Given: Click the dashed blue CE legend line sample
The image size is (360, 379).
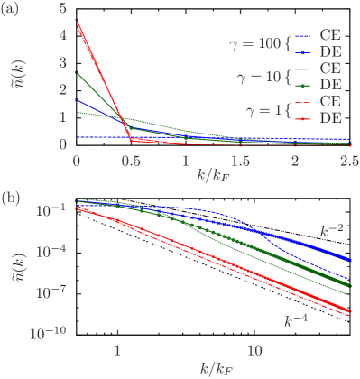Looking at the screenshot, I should [302, 34].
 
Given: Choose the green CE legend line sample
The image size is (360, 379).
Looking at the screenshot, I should [302, 68].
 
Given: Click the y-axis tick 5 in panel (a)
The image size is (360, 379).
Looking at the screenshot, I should [62, 8].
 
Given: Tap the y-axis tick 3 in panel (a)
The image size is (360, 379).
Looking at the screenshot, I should [62, 62].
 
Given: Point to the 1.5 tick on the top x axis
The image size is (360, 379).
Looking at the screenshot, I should [240, 159].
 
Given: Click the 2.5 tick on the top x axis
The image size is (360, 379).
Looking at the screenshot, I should [347, 159].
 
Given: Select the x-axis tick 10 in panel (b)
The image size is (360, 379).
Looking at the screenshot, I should [255, 349].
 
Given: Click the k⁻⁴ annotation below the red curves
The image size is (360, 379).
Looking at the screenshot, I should [294, 320].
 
